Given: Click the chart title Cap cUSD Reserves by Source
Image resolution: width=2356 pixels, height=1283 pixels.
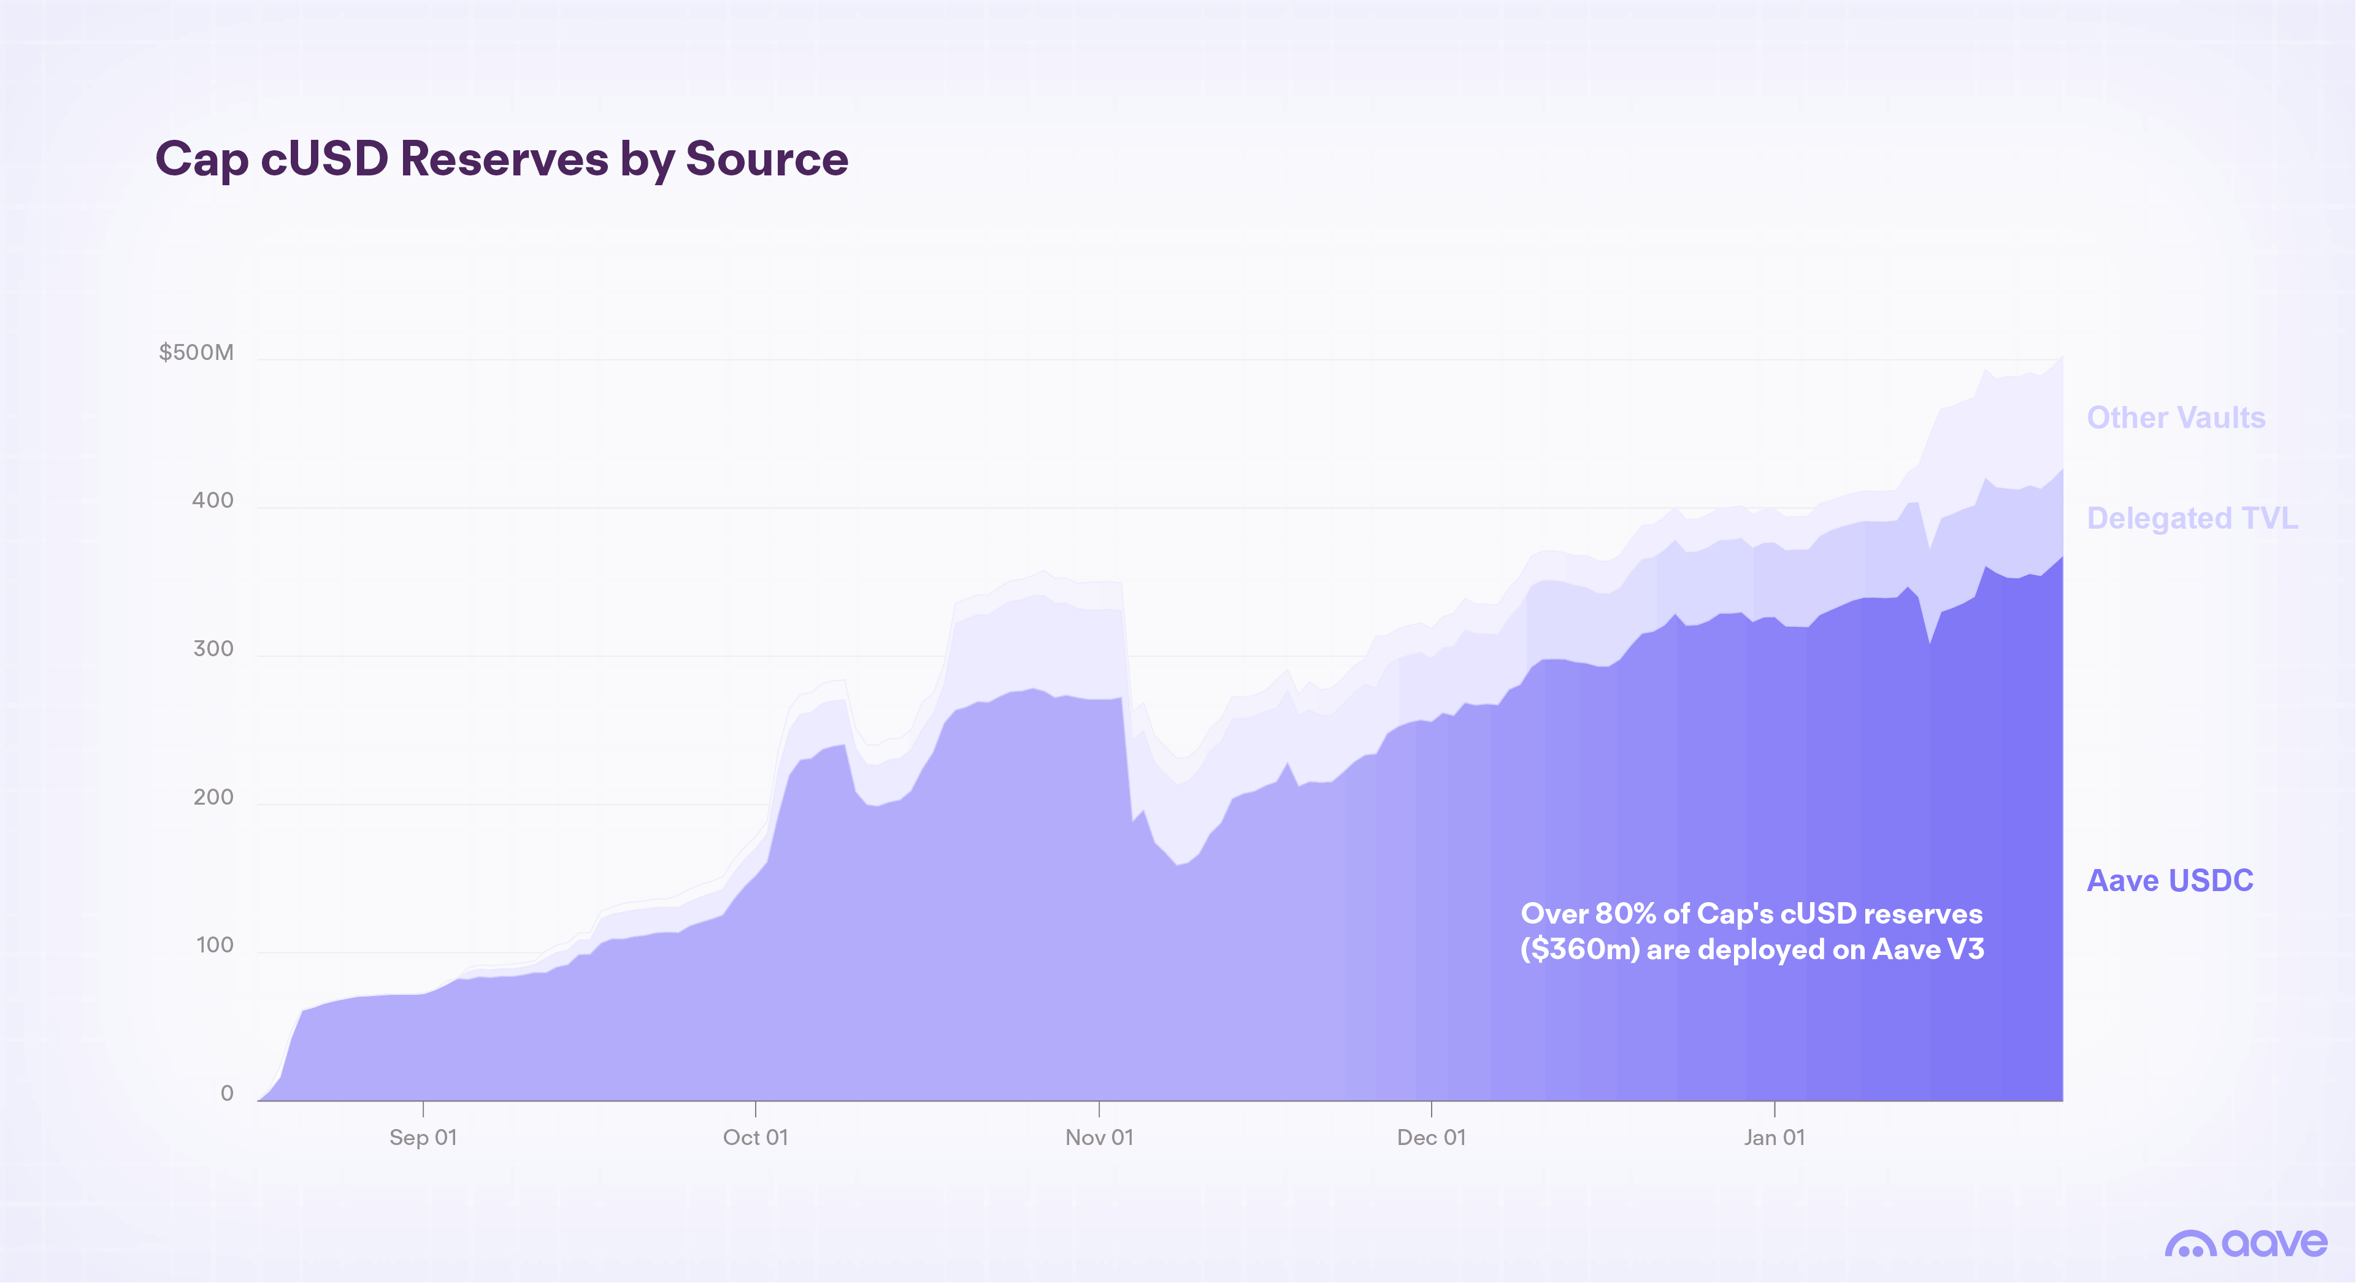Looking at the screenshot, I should click(x=501, y=159).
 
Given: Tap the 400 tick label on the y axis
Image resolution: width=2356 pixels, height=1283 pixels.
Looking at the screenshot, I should click(x=212, y=500).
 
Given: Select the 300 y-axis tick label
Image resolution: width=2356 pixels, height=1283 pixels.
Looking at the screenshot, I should click(x=212, y=648).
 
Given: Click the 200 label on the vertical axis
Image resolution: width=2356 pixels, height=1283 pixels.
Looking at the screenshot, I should click(x=212, y=797).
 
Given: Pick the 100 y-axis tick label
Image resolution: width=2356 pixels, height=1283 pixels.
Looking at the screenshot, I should click(x=214, y=944).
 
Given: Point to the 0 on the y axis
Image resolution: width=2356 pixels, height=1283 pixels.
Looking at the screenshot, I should click(x=227, y=1093).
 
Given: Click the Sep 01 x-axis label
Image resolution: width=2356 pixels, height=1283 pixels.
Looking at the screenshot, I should click(x=423, y=1136).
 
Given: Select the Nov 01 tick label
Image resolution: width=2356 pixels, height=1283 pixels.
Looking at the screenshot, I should click(x=1099, y=1136).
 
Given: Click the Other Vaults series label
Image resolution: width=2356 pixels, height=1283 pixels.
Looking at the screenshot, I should click(x=2175, y=417).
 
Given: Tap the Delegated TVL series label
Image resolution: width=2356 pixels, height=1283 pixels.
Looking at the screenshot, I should click(x=2192, y=518).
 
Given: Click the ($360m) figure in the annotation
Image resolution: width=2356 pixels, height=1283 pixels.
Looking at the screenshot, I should click(x=1579, y=949).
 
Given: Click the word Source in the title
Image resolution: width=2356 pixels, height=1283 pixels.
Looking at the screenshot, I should click(x=767, y=159).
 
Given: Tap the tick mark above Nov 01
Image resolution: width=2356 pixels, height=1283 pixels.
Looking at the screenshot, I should click(x=1099, y=1108).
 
